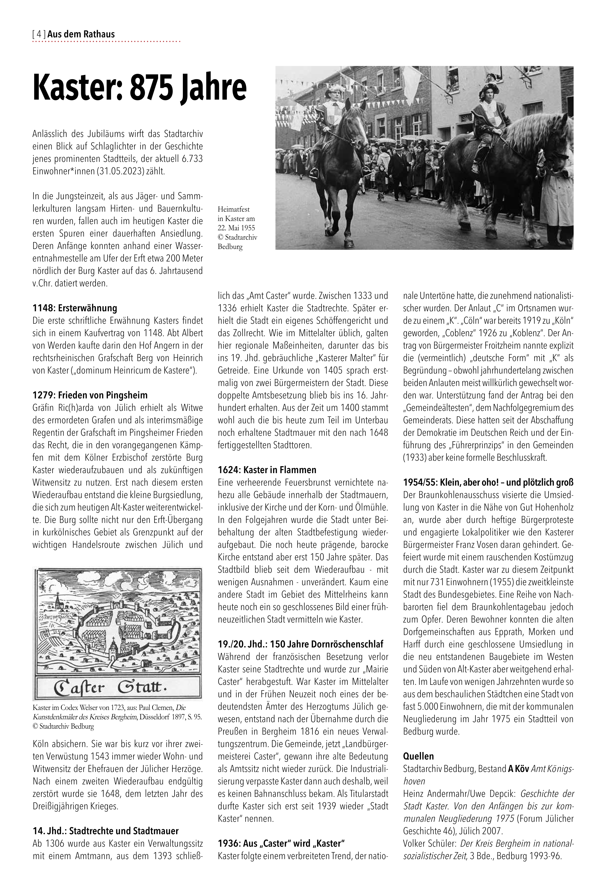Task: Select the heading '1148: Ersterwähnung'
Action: (x=75, y=308)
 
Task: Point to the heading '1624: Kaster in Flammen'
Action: (x=267, y=470)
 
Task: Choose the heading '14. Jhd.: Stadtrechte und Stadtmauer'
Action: (x=105, y=831)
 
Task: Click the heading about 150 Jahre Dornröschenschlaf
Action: (x=300, y=644)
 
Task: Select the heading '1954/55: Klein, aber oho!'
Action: (x=488, y=482)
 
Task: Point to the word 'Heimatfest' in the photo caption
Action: (x=233, y=209)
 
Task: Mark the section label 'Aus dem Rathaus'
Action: (x=81, y=34)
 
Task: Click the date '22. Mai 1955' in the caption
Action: (x=236, y=228)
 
